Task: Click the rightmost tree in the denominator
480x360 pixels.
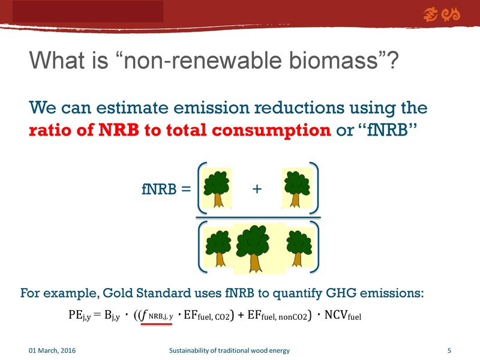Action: tap(296, 248)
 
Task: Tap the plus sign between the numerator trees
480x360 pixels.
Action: tap(257, 189)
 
